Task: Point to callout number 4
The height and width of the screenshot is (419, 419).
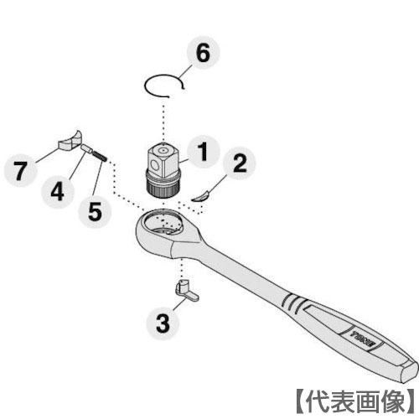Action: tap(56, 190)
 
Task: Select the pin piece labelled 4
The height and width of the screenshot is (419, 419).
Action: tap(85, 149)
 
